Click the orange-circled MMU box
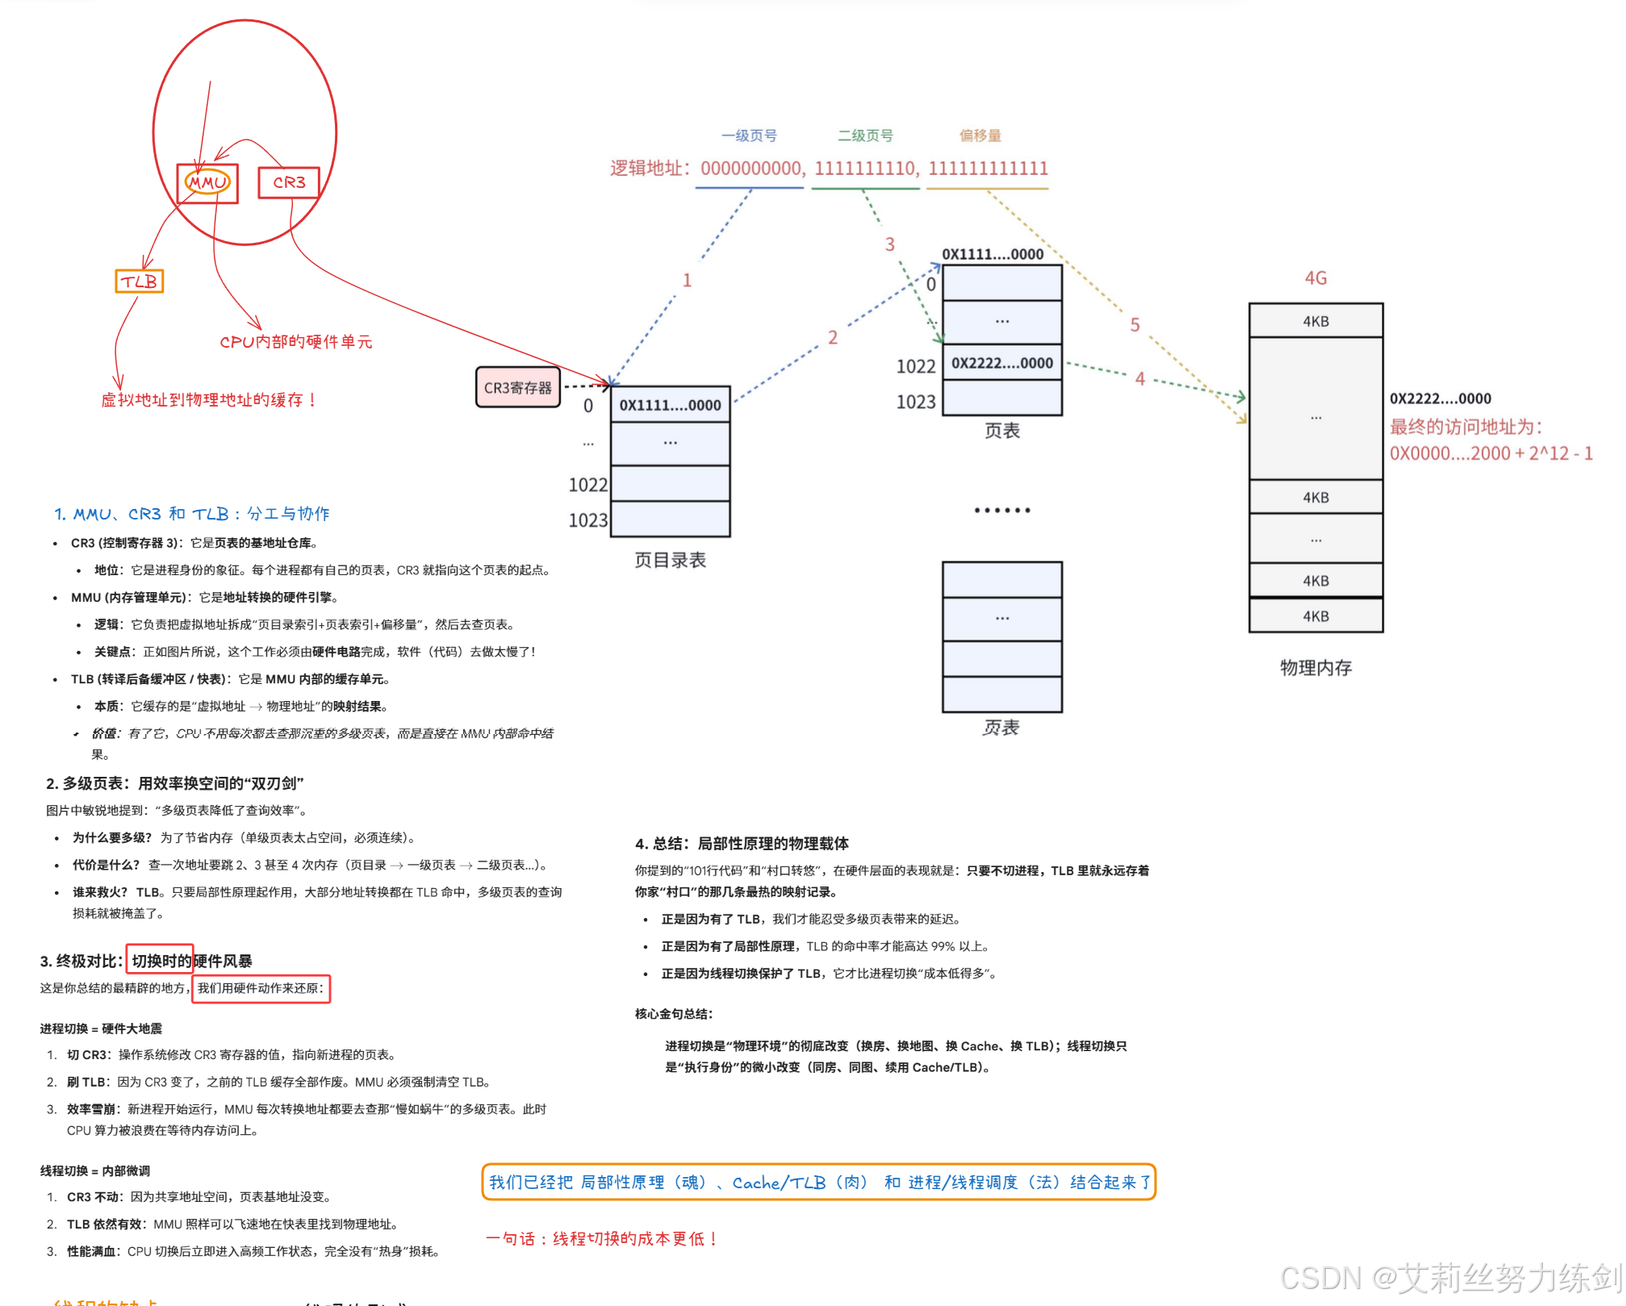[x=207, y=183]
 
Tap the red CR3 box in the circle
[x=289, y=182]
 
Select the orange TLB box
[x=140, y=282]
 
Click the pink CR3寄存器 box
[x=517, y=388]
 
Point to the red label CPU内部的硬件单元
[x=296, y=342]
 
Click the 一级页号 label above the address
[x=749, y=136]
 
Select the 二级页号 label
[x=865, y=136]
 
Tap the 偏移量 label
[x=980, y=136]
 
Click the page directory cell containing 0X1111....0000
[x=670, y=405]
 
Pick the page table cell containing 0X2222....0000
[x=1001, y=363]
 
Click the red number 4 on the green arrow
[x=1139, y=378]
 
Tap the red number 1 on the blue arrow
[x=687, y=280]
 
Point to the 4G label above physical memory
[x=1315, y=278]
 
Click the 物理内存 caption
[x=1315, y=668]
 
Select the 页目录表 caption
[x=670, y=561]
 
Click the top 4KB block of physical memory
[x=1315, y=321]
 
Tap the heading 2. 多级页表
[x=174, y=783]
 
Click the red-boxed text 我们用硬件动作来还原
[x=261, y=988]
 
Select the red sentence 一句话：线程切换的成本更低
[x=602, y=1238]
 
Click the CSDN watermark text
[x=1449, y=1278]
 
